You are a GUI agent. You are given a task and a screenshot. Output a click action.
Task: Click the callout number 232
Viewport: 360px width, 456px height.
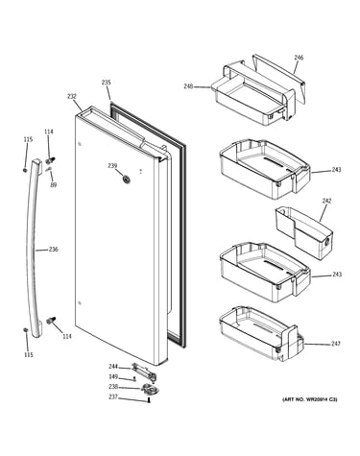[72, 96]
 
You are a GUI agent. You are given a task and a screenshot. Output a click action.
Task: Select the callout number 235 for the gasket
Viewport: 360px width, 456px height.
[107, 83]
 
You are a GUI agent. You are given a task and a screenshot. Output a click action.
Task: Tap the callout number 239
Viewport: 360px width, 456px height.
[112, 166]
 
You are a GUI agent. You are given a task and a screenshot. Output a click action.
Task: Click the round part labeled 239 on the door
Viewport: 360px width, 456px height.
[126, 180]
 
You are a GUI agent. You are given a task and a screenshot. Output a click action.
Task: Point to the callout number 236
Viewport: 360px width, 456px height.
[54, 249]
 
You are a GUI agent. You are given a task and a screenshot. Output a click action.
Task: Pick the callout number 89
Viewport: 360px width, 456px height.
[54, 184]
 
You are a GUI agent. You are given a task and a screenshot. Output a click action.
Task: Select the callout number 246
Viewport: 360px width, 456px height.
[299, 58]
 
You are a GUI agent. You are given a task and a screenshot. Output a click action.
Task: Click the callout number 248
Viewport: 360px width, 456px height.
[188, 86]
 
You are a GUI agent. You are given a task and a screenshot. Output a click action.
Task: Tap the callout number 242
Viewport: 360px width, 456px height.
[326, 201]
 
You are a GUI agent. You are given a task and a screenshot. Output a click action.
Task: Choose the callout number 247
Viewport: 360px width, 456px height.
[336, 344]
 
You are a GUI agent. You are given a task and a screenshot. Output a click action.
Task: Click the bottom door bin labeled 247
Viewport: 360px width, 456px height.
[261, 334]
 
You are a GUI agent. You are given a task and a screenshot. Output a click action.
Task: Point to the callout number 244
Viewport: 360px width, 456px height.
[113, 367]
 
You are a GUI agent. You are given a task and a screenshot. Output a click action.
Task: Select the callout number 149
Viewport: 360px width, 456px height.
[113, 376]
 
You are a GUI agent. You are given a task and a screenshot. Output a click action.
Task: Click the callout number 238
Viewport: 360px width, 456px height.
[113, 387]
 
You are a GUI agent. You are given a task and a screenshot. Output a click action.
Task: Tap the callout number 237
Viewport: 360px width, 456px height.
[113, 397]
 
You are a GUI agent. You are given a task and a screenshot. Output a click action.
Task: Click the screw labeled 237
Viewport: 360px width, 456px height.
[149, 400]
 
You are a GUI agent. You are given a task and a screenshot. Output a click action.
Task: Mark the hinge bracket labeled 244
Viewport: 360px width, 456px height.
[144, 372]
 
